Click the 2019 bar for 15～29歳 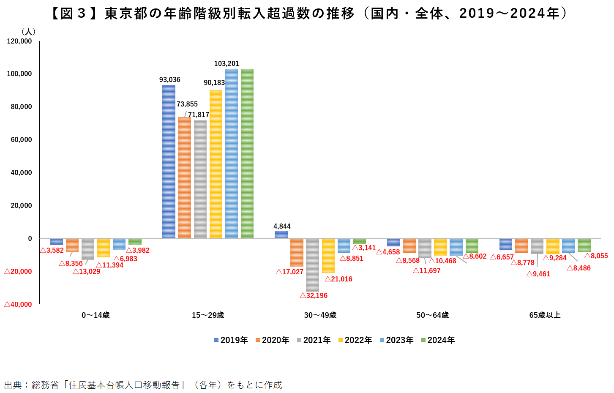tap(169, 161)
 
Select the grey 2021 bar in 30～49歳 tap(312, 265)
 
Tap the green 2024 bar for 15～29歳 tap(247, 153)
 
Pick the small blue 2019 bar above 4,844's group tap(281, 234)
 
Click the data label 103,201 tap(226, 64)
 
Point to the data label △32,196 tap(314, 296)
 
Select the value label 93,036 tap(169, 80)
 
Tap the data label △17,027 tap(289, 272)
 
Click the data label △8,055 tap(596, 256)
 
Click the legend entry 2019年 tap(231, 340)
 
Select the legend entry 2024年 tap(438, 340)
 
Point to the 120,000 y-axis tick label tap(19, 41)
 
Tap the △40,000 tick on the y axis tap(18, 305)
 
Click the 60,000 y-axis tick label tap(21, 140)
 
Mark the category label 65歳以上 tap(545, 315)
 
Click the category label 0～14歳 tap(96, 315)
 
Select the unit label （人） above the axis tap(28, 32)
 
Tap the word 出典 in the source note tap(13, 385)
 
